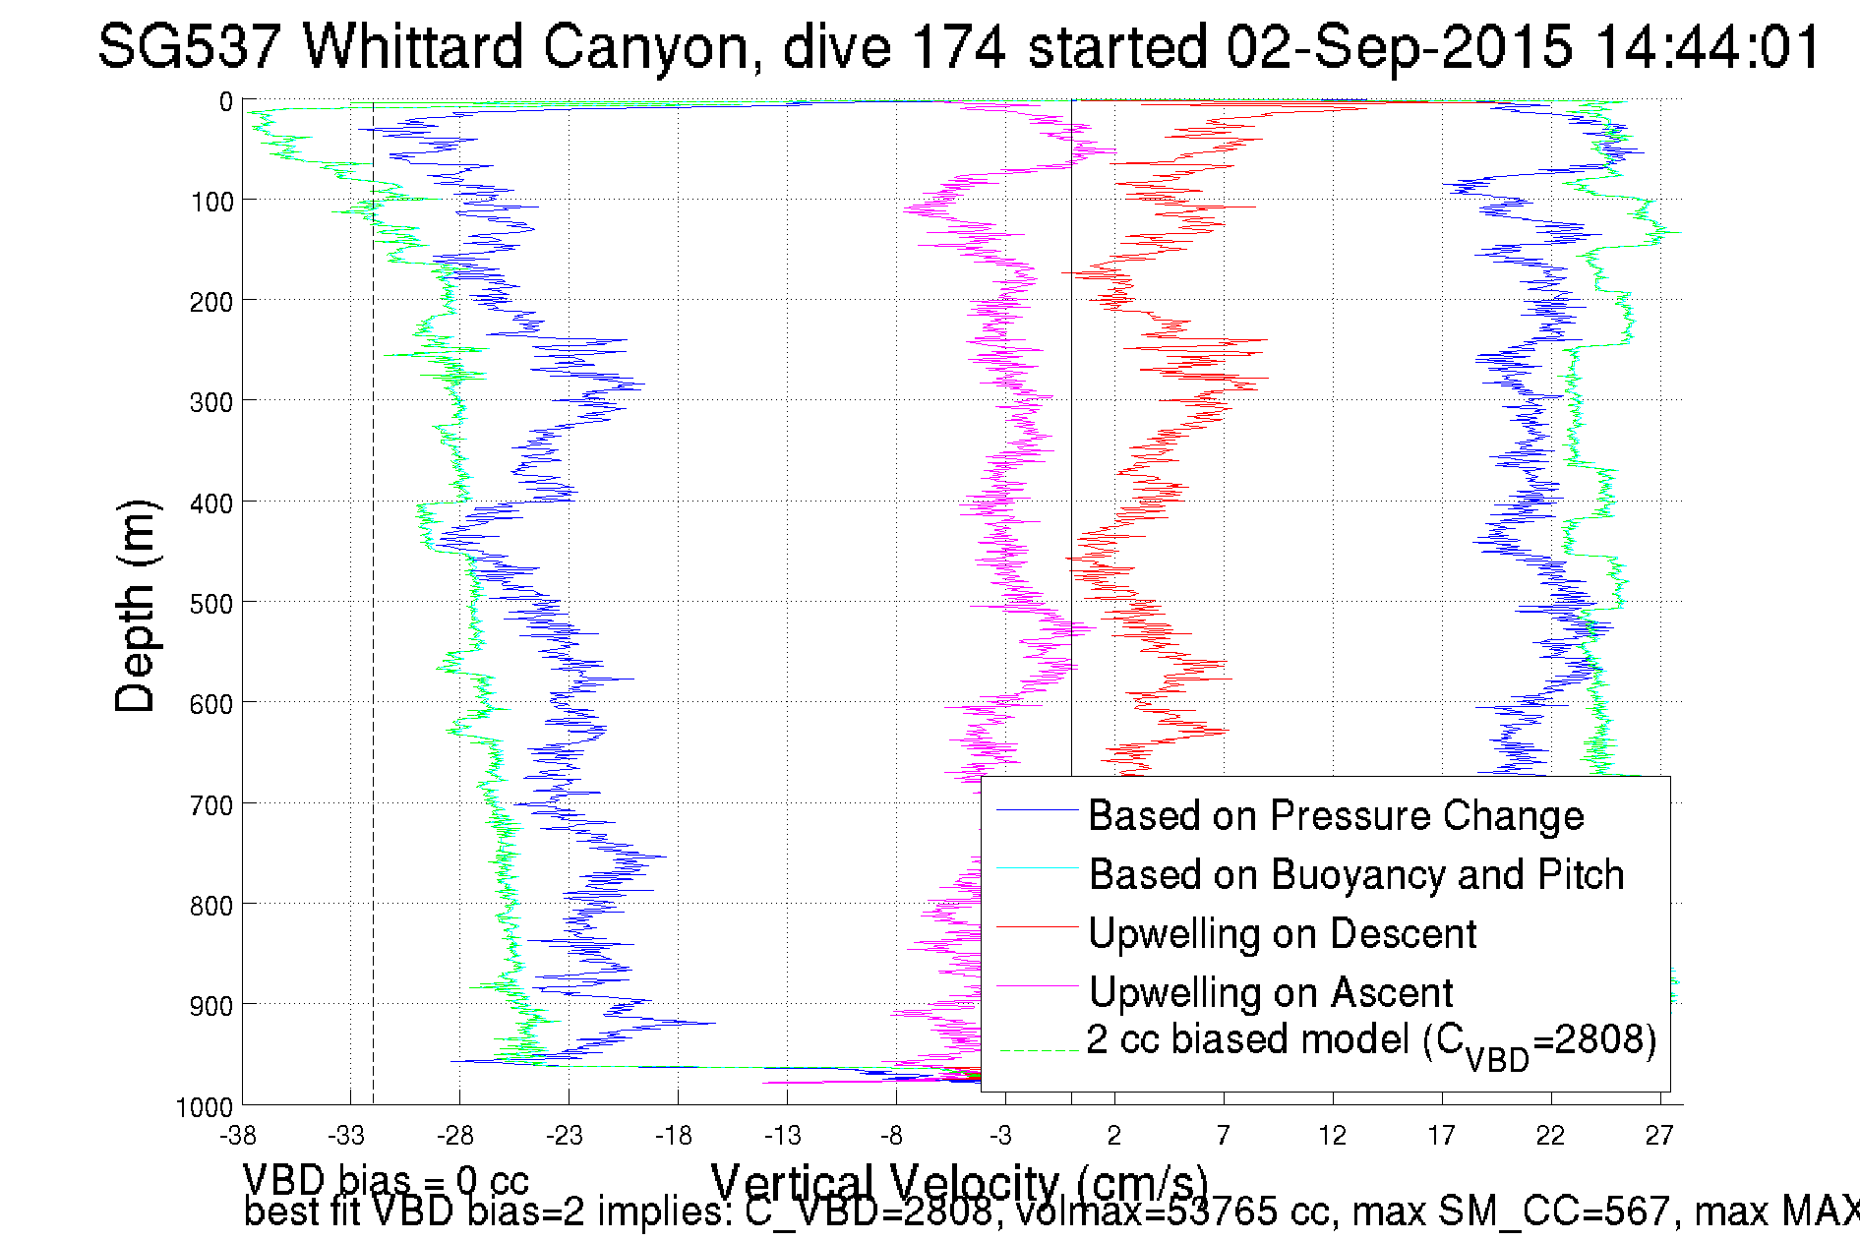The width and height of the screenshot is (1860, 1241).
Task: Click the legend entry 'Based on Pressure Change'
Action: point(1335,816)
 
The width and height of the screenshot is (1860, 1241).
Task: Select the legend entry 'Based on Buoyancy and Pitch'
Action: point(1355,875)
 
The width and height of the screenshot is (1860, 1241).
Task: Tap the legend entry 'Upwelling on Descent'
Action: point(1282,934)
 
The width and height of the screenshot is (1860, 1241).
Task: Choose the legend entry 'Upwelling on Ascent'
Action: point(1270,993)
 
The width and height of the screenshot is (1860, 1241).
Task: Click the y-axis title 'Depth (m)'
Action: point(135,606)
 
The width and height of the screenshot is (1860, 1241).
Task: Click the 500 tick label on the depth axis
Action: point(210,604)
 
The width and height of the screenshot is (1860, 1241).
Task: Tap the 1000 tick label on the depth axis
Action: point(205,1108)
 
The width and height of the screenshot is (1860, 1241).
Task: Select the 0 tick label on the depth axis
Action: point(226,102)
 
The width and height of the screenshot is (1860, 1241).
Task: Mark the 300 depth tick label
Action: point(210,402)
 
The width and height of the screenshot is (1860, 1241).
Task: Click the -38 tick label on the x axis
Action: point(238,1137)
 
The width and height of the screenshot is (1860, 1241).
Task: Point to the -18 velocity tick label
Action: point(675,1137)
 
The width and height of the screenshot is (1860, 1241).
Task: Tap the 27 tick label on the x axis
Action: point(1659,1137)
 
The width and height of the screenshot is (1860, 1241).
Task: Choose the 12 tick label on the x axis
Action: point(1332,1137)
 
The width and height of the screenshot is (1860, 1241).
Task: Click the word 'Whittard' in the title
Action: point(412,46)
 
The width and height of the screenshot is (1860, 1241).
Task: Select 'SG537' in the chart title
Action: point(189,46)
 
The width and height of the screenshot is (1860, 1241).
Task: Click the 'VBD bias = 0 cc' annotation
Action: point(386,1180)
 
